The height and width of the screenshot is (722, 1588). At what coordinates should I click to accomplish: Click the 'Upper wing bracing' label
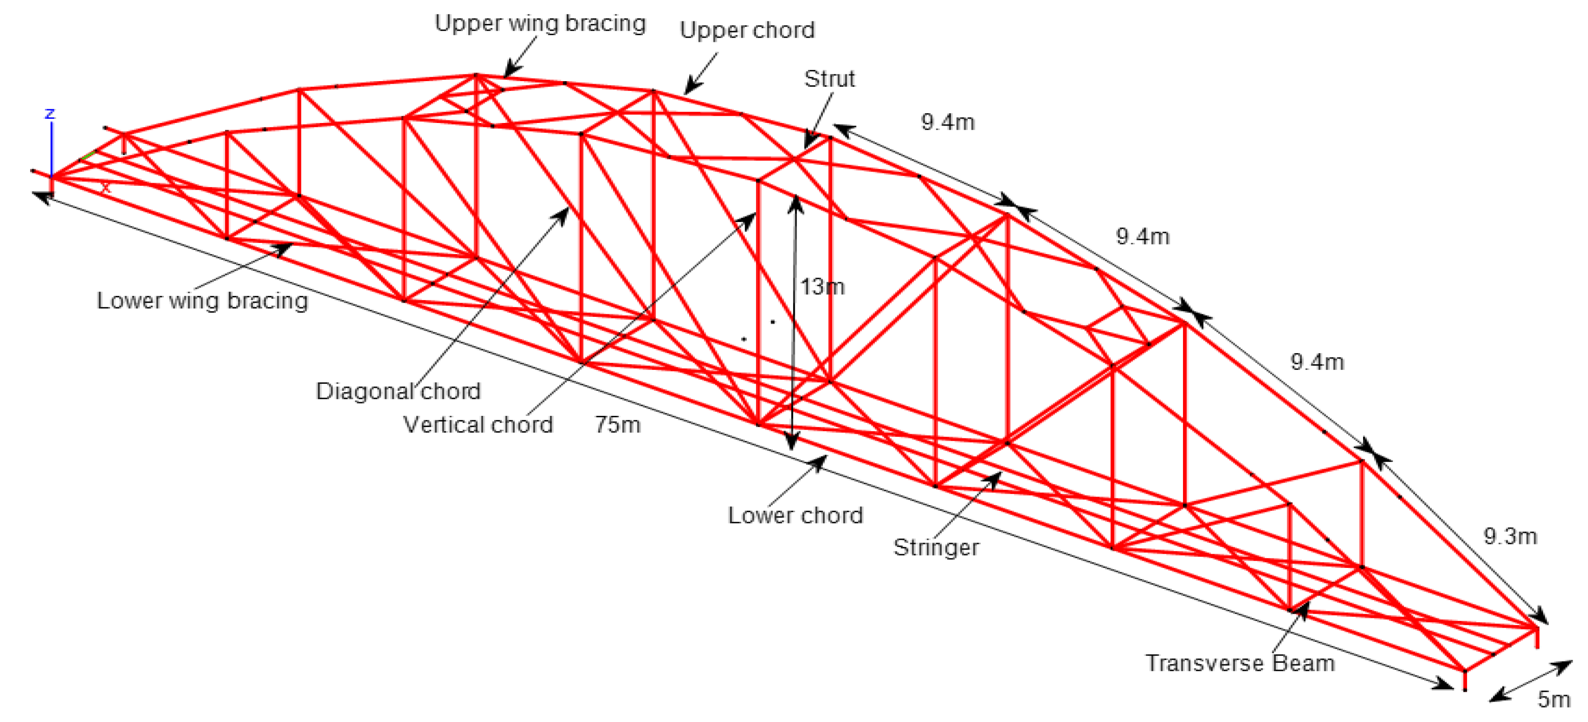coord(540,23)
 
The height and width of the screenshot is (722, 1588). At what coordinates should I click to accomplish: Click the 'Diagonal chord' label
coord(397,391)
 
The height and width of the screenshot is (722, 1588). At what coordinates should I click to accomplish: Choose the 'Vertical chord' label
coord(478,424)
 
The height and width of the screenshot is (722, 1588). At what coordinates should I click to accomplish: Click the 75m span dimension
coord(617,424)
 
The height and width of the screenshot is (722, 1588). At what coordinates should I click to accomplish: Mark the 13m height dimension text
coord(822,287)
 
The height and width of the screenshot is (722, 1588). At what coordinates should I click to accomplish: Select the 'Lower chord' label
coord(795,515)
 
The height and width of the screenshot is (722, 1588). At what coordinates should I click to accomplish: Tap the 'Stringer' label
coord(936,547)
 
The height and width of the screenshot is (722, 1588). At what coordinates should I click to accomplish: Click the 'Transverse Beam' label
coord(1240,663)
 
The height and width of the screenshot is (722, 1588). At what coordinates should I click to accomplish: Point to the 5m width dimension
coord(1553,699)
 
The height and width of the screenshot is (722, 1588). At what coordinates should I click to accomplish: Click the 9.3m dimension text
coord(1510,536)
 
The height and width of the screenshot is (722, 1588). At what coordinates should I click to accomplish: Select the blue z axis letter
coord(50,113)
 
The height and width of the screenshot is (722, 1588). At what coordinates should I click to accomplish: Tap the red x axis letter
coord(106,187)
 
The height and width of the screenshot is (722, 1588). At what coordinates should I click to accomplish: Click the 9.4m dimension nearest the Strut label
coord(947,122)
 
